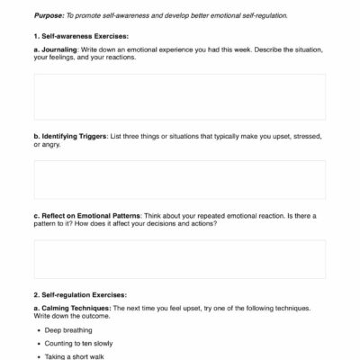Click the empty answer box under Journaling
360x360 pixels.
[x=180, y=96]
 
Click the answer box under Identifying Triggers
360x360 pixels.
[x=180, y=179]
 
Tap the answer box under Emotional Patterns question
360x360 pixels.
[x=180, y=259]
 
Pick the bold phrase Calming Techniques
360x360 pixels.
[x=77, y=309]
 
